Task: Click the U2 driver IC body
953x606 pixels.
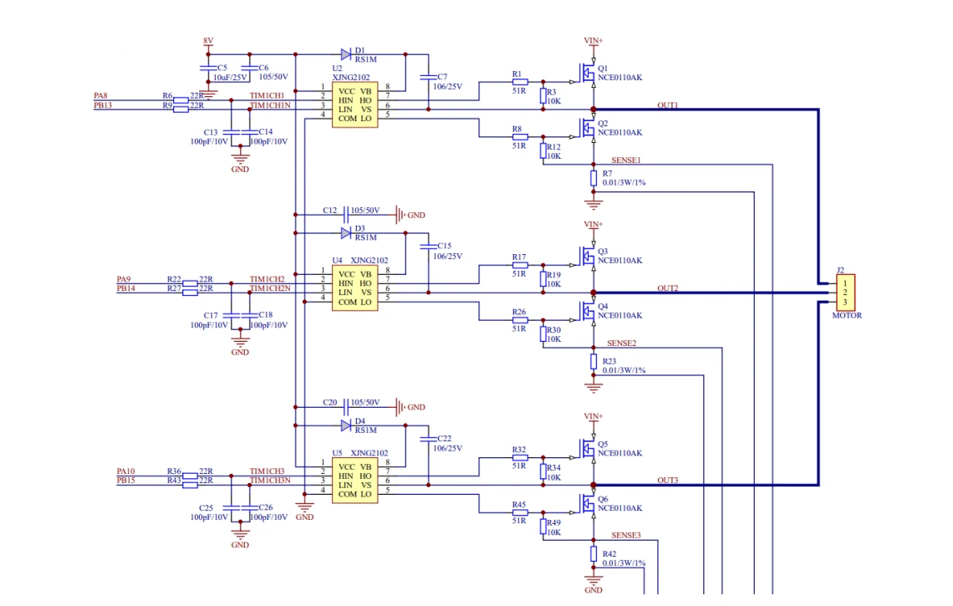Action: point(355,104)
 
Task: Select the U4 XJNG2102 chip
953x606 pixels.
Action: point(355,288)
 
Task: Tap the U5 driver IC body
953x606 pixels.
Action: point(355,480)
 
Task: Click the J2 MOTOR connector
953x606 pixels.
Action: point(845,293)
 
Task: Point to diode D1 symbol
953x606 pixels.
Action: point(346,54)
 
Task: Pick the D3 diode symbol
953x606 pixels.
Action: point(346,233)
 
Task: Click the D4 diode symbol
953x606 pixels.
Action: point(346,425)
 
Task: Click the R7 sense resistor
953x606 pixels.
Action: point(594,178)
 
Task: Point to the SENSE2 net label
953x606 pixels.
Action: point(621,344)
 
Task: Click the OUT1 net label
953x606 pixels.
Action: point(667,105)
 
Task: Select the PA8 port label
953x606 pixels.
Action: point(100,96)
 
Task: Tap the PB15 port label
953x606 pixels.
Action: point(125,480)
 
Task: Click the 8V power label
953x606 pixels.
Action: point(208,41)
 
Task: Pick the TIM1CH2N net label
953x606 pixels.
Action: point(270,288)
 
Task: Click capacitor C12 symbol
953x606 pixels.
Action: point(346,215)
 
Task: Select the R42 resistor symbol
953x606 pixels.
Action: point(594,553)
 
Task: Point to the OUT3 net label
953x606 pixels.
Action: point(667,480)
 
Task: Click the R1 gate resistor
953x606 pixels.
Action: point(520,81)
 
